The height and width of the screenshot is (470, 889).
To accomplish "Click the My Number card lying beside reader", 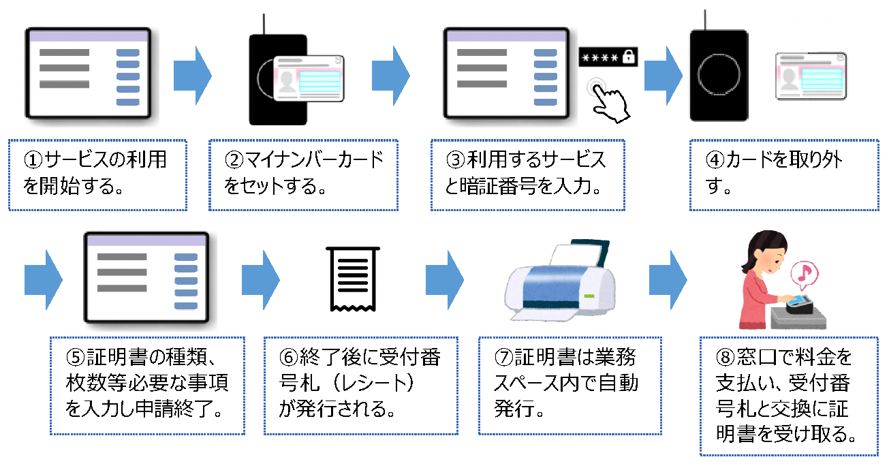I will (x=811, y=76).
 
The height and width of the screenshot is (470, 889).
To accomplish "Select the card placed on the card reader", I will (x=308, y=76).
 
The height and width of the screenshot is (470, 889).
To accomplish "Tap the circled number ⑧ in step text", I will (x=723, y=358).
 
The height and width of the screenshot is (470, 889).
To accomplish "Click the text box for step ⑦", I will (x=570, y=385).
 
